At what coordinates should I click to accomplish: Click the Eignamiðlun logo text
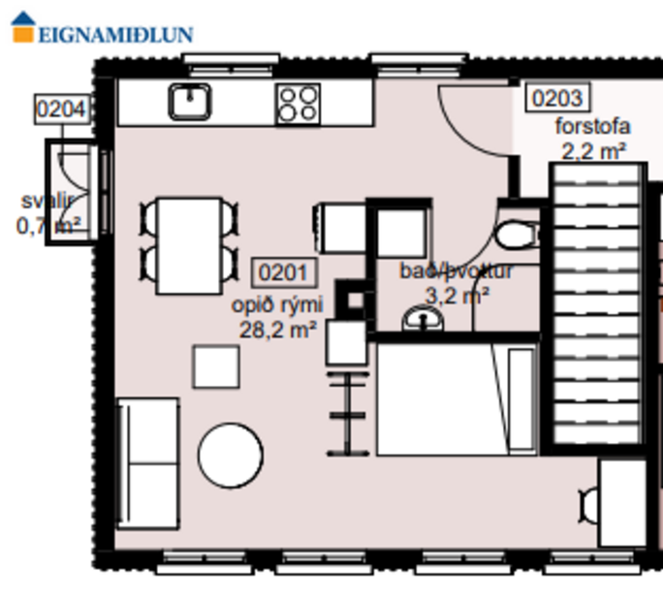coord(115,34)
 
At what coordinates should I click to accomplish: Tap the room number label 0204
coord(61,109)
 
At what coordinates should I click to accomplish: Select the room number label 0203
coord(557,98)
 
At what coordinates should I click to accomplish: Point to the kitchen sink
coord(190,102)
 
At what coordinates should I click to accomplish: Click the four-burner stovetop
coord(298,104)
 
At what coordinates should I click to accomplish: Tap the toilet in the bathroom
coord(515,234)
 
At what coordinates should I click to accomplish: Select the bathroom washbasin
coord(422,318)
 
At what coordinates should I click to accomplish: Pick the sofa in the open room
coord(147,462)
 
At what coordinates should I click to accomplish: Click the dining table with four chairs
coord(190,245)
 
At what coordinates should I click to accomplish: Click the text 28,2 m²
coord(279,329)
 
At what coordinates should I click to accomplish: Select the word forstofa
coord(592,127)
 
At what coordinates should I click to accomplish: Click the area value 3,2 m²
coord(457,296)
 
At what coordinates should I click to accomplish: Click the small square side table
coord(216,366)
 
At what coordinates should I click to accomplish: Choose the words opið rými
coord(276,305)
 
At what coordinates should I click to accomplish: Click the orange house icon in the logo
coord(23,26)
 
